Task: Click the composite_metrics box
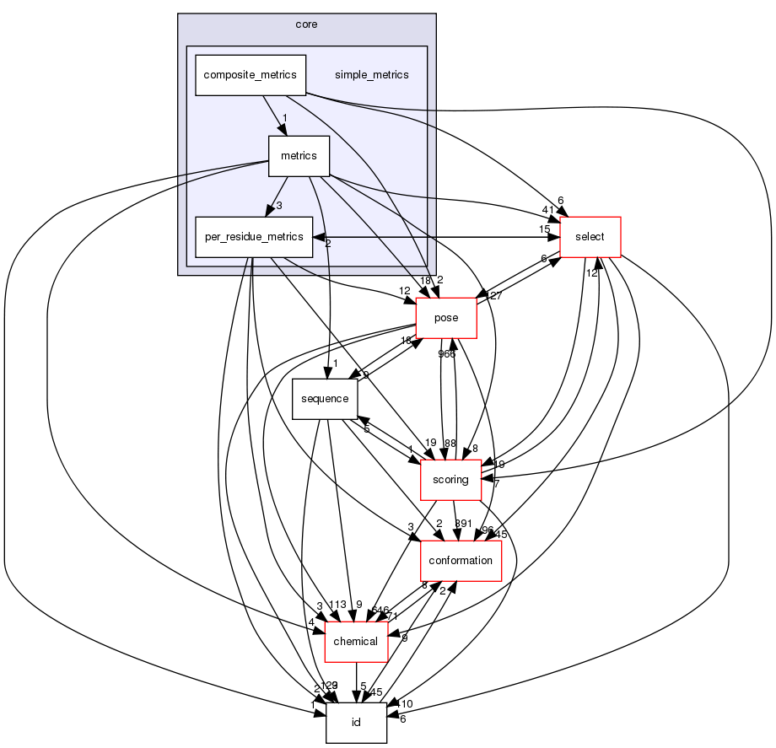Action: click(x=250, y=75)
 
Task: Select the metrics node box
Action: click(x=299, y=156)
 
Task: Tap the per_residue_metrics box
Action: click(x=250, y=237)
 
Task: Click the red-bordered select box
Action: click(x=590, y=237)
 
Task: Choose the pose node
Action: click(x=446, y=318)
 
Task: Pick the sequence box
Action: click(x=325, y=399)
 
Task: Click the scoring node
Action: click(x=450, y=480)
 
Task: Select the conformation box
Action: click(x=461, y=561)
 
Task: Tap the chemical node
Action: click(x=356, y=642)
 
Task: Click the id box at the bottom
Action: click(x=356, y=723)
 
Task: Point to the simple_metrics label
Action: click(x=371, y=75)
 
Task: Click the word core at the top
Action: click(x=306, y=24)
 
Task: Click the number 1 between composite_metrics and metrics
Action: click(x=285, y=118)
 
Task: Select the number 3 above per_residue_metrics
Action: click(x=278, y=205)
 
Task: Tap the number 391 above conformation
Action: click(x=464, y=523)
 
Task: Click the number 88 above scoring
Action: click(x=450, y=443)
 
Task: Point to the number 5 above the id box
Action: click(x=362, y=686)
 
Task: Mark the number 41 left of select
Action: click(x=547, y=211)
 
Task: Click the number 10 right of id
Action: click(x=405, y=704)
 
